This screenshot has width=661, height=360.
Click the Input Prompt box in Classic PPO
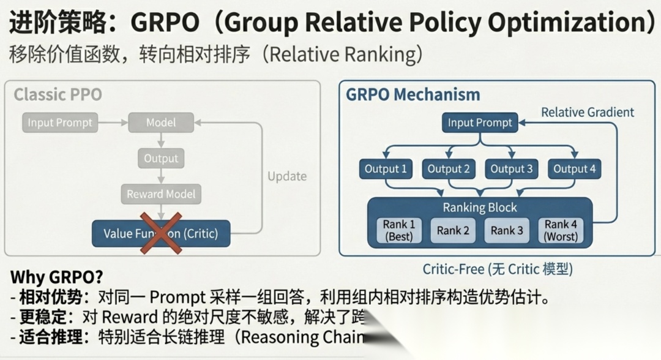click(x=59, y=122)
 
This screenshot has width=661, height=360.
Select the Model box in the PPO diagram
click(x=160, y=122)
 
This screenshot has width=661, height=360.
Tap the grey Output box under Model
click(x=160, y=159)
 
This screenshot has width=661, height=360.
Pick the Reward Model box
click(x=161, y=195)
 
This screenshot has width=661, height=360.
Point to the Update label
click(x=286, y=176)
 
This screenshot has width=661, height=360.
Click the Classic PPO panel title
click(x=58, y=94)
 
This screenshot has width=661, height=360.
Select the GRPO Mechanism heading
click(x=413, y=95)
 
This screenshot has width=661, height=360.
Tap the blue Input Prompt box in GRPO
click(x=480, y=122)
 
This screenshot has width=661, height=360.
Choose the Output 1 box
click(x=386, y=169)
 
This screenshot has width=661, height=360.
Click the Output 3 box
click(x=512, y=169)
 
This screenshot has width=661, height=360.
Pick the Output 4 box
click(x=574, y=169)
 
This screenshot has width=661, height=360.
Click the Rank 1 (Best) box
click(x=399, y=230)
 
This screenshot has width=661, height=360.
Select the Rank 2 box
click(x=453, y=231)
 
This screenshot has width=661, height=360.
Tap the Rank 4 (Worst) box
click(x=561, y=230)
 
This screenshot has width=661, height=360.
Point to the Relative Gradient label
click(x=588, y=112)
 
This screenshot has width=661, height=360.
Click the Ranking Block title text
click(x=480, y=208)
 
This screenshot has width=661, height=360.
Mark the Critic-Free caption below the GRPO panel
click(x=497, y=269)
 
